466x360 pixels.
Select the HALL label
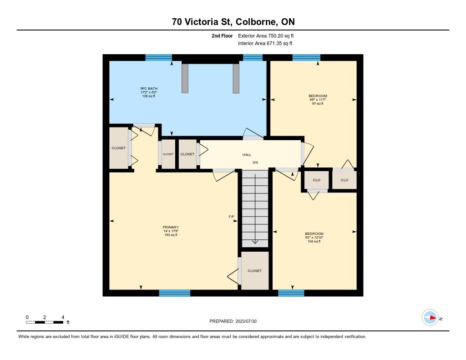pyautogui.click(x=247, y=155)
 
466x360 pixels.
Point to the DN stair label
pyautogui.click(x=255, y=162)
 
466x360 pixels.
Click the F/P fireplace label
pyautogui.click(x=231, y=217)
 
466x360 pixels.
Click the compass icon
pyautogui.click(x=431, y=318)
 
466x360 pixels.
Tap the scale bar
pyautogui.click(x=45, y=322)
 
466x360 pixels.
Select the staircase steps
pyautogui.click(x=255, y=208)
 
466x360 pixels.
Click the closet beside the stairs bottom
pyautogui.click(x=255, y=270)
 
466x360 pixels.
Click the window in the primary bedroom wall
pyautogui.click(x=174, y=293)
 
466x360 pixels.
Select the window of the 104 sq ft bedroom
pyautogui.click(x=291, y=293)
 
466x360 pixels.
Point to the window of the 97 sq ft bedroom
pyautogui.click(x=306, y=58)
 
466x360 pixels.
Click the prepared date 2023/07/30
pyautogui.click(x=246, y=321)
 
